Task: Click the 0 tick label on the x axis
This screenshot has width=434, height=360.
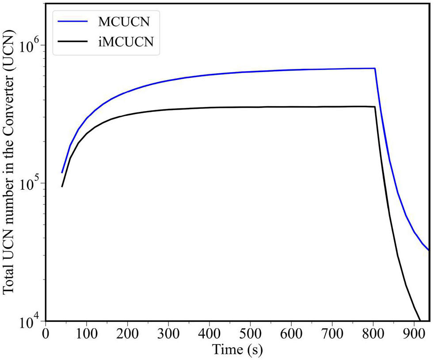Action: click(x=45, y=333)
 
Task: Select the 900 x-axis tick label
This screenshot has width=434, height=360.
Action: click(x=414, y=333)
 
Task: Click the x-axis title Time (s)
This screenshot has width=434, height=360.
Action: click(x=237, y=350)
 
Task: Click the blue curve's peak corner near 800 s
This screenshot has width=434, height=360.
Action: click(x=375, y=68)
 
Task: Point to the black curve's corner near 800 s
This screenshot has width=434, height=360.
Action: click(x=375, y=107)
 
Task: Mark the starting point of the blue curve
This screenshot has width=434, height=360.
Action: click(x=62, y=172)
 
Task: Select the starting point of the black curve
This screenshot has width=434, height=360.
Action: click(x=62, y=186)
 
